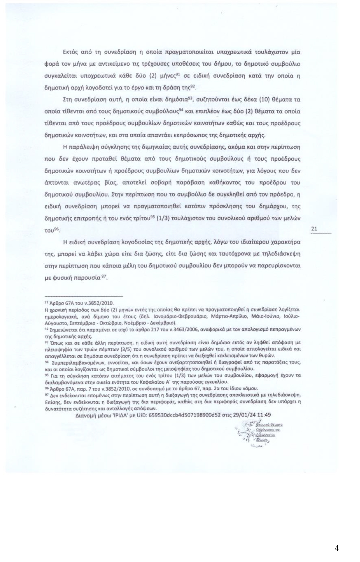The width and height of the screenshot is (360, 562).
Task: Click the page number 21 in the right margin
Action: point(314,228)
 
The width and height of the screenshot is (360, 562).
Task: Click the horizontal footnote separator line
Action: point(84,296)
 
